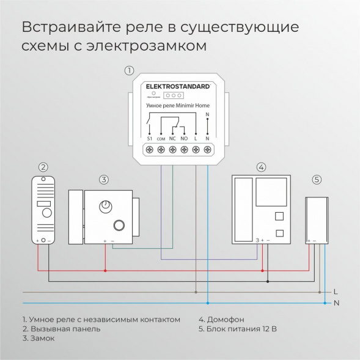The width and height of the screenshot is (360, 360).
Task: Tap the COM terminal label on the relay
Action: click(x=161, y=139)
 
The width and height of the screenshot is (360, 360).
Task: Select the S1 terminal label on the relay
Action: click(x=150, y=139)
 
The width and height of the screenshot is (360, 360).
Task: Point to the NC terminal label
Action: click(x=173, y=139)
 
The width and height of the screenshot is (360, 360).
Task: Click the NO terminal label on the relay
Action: click(x=184, y=139)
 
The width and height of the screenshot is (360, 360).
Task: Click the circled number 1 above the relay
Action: click(x=129, y=70)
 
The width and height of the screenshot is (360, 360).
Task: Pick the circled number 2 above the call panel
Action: click(x=43, y=167)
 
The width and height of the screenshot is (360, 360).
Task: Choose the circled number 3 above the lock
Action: click(x=104, y=179)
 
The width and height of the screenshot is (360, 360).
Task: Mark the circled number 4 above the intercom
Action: click(x=261, y=167)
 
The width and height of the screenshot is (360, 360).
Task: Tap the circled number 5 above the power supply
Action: click(x=316, y=179)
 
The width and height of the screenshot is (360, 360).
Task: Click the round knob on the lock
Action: click(x=107, y=205)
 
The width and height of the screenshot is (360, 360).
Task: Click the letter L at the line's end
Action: click(x=336, y=292)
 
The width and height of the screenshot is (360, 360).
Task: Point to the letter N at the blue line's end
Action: click(x=336, y=303)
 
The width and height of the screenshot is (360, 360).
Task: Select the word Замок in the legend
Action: click(x=38, y=339)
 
